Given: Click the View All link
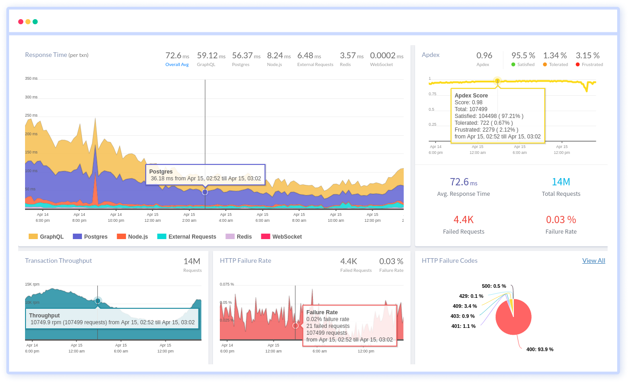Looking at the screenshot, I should (593, 260).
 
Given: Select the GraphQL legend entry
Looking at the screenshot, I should (46, 236).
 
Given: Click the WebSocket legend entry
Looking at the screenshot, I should (281, 236).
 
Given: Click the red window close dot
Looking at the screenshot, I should (20, 21).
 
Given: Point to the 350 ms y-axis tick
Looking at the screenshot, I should (31, 78).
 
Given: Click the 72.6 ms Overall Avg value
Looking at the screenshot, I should (177, 56).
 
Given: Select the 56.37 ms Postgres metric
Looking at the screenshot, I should (246, 56).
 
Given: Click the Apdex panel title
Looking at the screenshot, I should (431, 55).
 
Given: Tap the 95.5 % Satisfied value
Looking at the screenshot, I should (523, 56).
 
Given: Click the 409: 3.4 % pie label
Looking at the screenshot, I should (465, 306).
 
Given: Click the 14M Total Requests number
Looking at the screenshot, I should (561, 182).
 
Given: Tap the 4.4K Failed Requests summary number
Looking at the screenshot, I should (463, 220).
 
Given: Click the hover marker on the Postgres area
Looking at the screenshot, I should (205, 192).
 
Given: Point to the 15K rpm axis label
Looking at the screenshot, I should (32, 284).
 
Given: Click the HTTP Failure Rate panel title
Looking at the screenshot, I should (245, 260).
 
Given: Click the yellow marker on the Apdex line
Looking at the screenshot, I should (497, 81).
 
